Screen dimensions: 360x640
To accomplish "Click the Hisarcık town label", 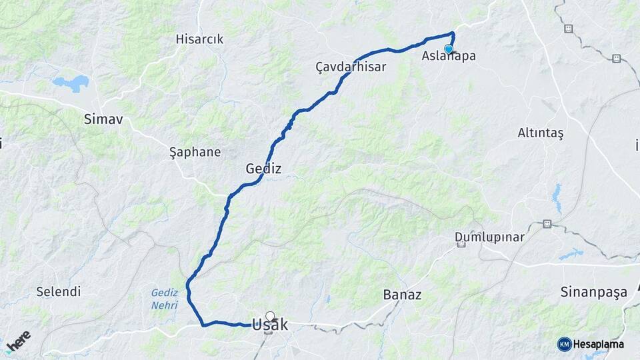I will point(199,39).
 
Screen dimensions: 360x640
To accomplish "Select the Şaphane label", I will point(195,152).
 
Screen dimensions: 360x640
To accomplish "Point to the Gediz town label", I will point(263,169).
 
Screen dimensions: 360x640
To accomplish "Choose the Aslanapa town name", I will point(449,57).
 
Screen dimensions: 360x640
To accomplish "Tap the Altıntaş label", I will point(541,133).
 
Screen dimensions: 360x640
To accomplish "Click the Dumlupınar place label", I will point(489,237).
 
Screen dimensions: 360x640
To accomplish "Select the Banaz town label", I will point(403,294).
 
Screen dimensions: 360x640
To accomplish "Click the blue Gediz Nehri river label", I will point(164,299).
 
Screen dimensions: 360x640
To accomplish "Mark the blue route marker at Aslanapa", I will point(449,49).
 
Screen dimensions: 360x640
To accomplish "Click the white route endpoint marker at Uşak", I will point(270,316).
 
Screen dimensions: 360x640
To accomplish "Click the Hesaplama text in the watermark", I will point(600,344).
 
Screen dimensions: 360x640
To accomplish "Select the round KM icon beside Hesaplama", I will point(564,344).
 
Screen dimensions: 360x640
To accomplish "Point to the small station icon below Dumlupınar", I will point(461,245).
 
